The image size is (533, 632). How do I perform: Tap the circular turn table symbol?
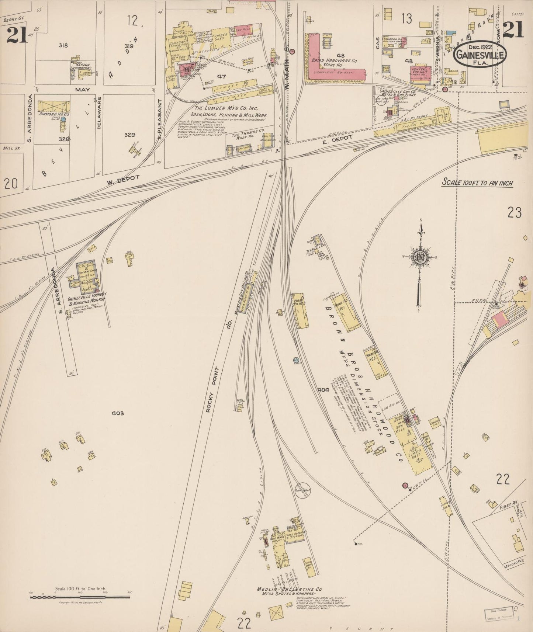point(302,490)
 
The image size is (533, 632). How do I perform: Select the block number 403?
point(117,413)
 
